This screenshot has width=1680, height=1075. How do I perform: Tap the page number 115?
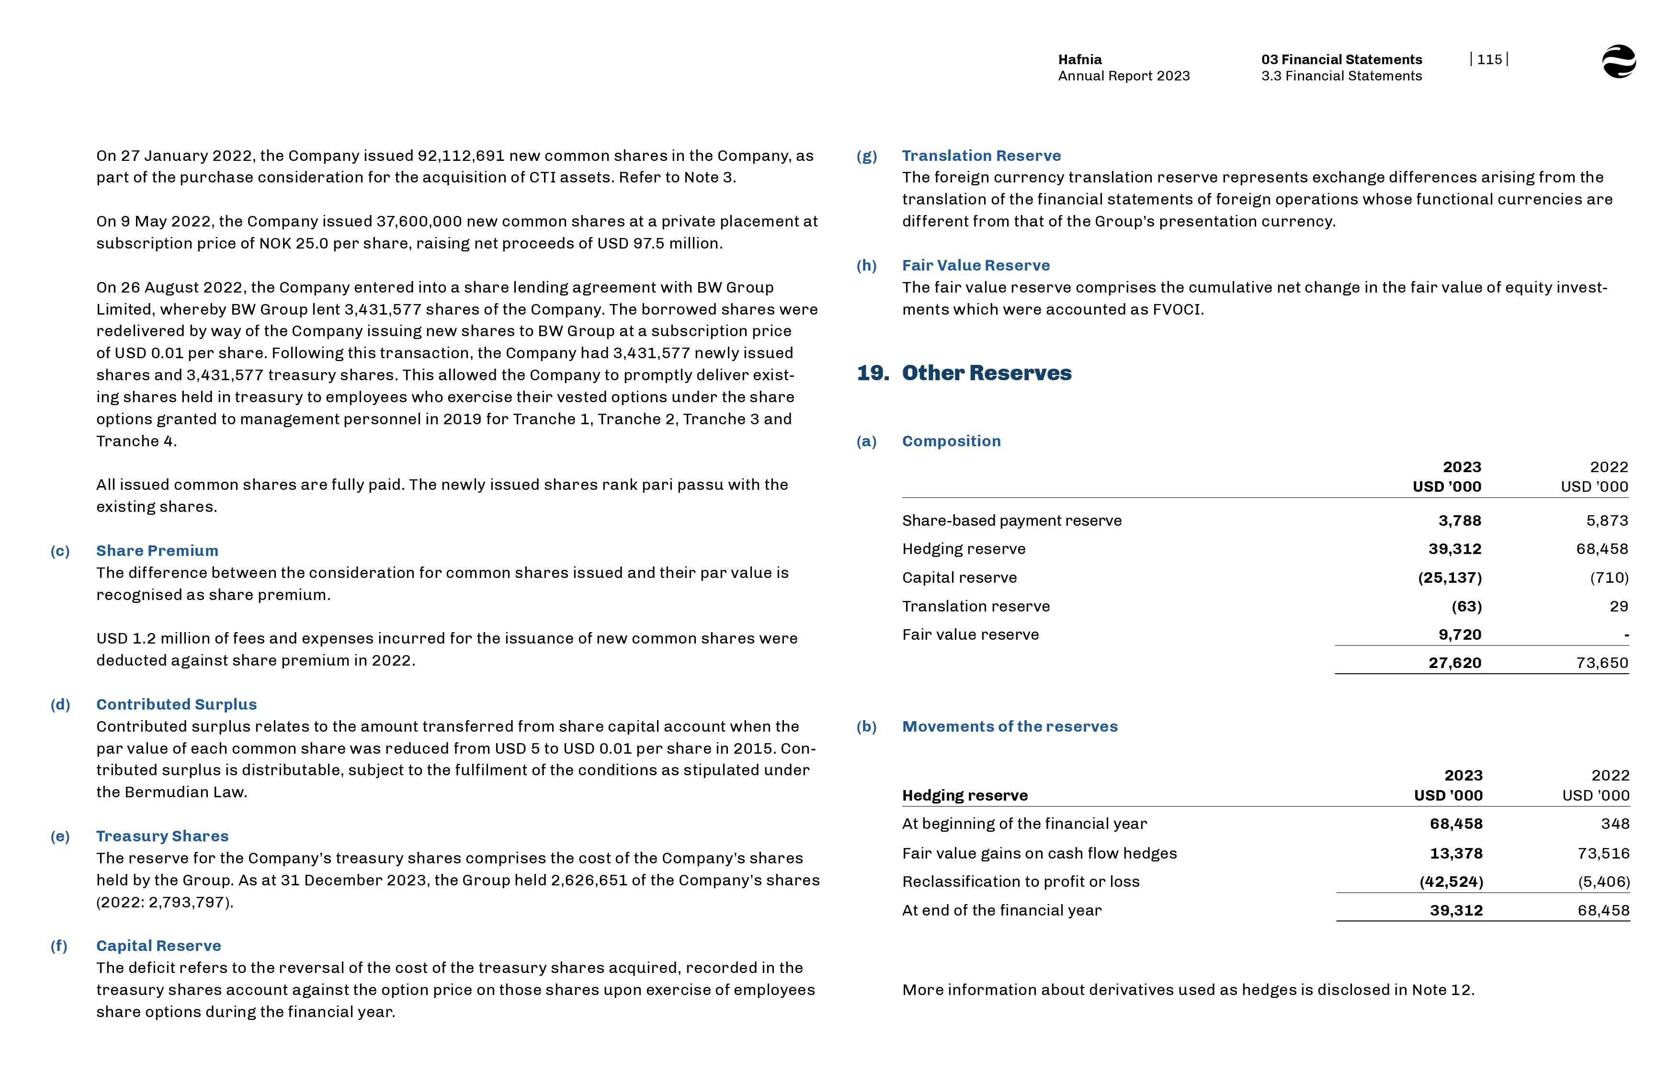[x=1489, y=59]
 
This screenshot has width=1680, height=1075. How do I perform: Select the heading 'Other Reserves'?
[x=986, y=373]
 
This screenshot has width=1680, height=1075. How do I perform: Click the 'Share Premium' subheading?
[x=157, y=551]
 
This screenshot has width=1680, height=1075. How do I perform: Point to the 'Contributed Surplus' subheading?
[x=176, y=704]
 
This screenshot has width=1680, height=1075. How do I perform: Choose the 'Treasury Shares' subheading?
[x=162, y=836]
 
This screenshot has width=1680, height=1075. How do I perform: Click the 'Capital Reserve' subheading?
[x=159, y=946]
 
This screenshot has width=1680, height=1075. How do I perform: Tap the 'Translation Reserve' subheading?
[x=981, y=156]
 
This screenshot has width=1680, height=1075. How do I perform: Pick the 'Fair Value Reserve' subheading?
[x=975, y=265]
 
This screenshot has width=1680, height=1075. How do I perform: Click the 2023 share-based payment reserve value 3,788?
[x=1459, y=521]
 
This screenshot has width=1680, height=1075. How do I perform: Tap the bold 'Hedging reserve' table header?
[x=965, y=796]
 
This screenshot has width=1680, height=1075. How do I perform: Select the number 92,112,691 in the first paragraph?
[x=461, y=156]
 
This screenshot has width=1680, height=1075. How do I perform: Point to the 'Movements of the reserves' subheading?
[x=1009, y=727]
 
